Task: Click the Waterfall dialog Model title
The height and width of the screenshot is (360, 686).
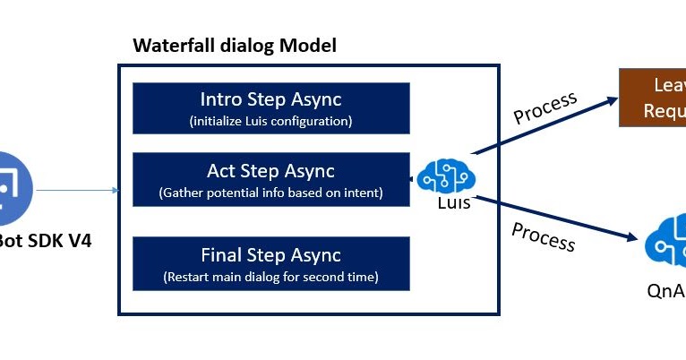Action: tap(235, 45)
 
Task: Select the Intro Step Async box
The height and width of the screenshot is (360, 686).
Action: tap(270, 108)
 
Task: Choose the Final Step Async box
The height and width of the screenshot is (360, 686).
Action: tap(270, 264)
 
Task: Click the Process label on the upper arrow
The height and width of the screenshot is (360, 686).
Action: tap(545, 107)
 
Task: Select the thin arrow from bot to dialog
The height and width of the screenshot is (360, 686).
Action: tap(76, 190)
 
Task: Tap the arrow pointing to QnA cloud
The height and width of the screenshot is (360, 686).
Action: tap(555, 218)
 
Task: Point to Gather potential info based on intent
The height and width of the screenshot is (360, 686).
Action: tap(270, 192)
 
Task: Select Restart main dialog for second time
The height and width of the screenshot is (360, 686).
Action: tap(270, 278)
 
